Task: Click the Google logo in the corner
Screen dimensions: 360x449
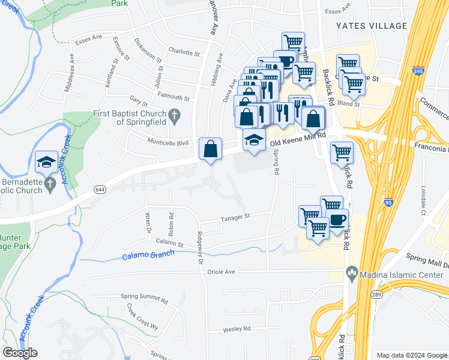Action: tap(20, 353)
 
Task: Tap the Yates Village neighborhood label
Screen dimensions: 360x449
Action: tap(372, 26)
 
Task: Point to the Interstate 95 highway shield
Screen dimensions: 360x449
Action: tap(388, 203)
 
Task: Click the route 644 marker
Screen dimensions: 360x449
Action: tap(99, 190)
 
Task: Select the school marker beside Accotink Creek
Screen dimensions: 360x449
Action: tap(46, 163)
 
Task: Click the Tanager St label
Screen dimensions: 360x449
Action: tap(236, 217)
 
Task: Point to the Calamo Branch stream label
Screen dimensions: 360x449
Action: tap(148, 255)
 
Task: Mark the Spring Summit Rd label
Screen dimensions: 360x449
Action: tap(144, 297)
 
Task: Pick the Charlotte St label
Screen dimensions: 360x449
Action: tap(184, 53)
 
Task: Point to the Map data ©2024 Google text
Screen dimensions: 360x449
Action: tap(411, 355)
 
